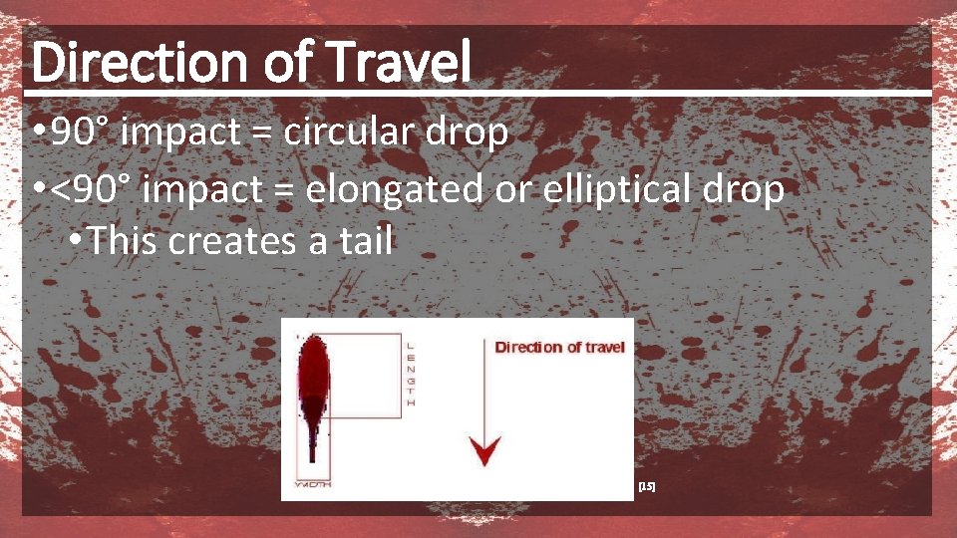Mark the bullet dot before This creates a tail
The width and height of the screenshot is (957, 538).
tap(76, 241)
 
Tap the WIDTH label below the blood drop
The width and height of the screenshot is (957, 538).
tap(314, 484)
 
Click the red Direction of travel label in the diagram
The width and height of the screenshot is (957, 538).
tap(559, 347)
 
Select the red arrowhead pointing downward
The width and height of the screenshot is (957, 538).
tap(485, 453)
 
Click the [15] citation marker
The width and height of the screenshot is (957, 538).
tap(646, 486)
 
